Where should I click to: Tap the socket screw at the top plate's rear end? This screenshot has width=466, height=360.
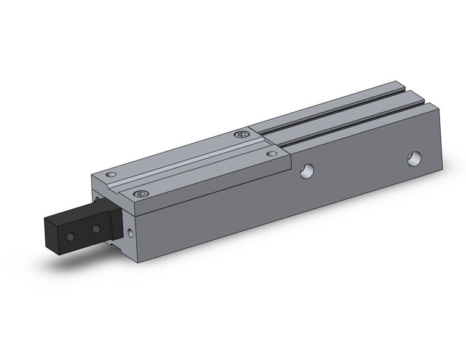242,134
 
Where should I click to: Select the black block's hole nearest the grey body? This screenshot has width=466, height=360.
96,229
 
